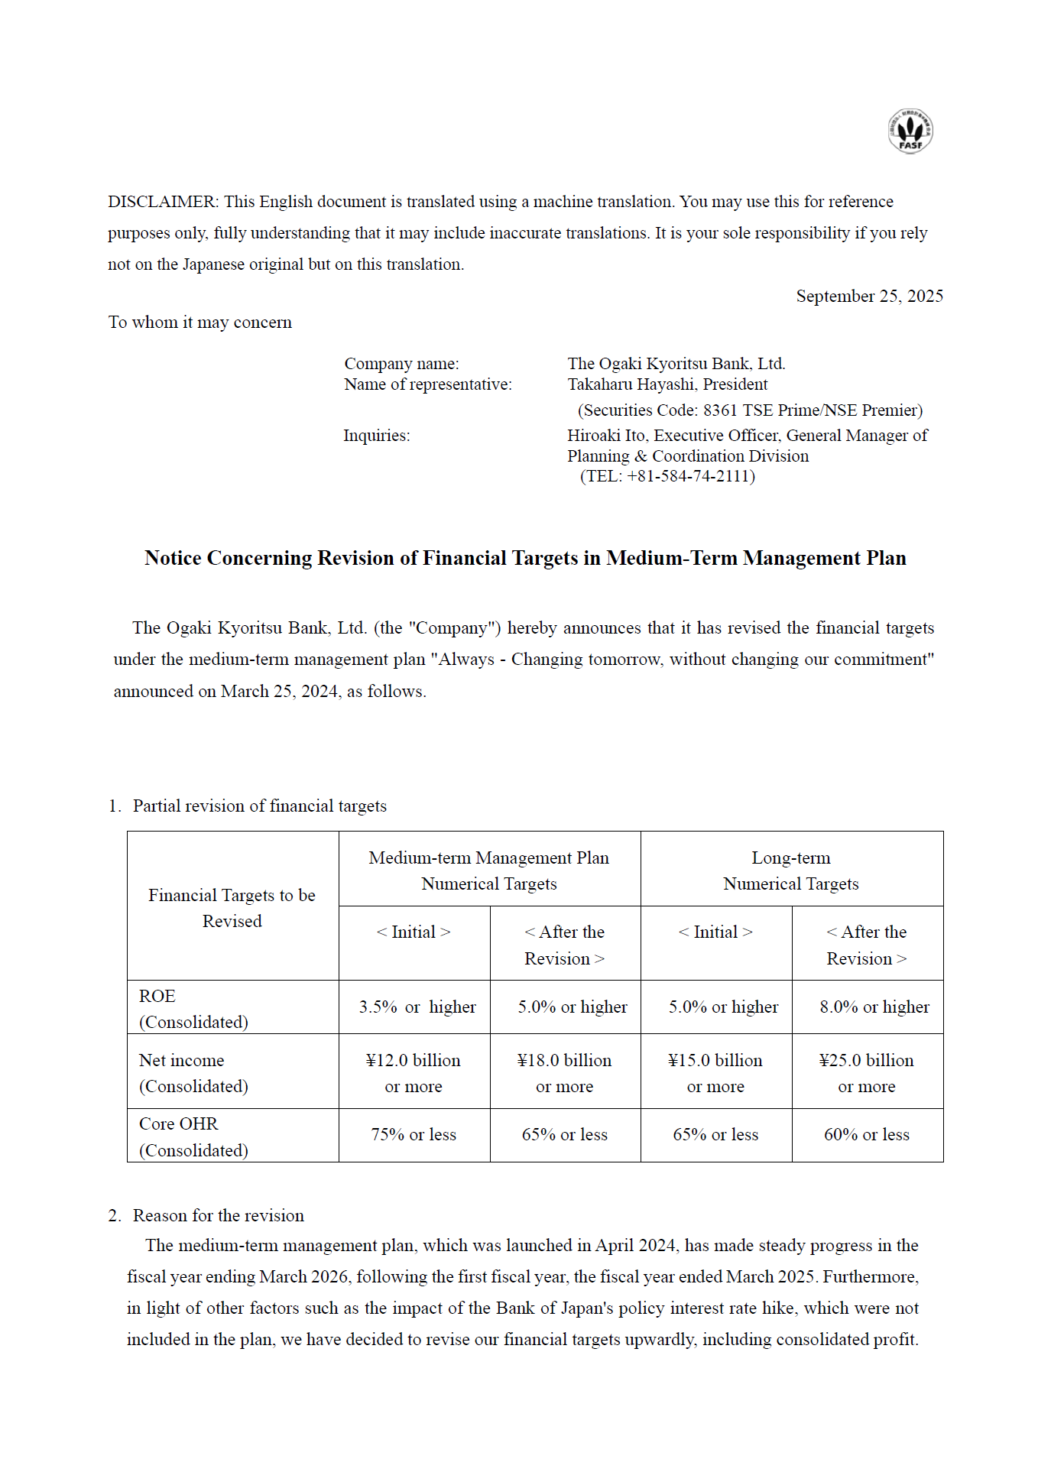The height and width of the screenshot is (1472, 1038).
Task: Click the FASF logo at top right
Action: tap(910, 131)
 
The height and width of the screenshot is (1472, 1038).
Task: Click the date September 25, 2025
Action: tap(869, 296)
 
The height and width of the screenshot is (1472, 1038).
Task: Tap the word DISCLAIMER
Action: tap(163, 202)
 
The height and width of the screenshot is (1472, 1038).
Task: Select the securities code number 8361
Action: tap(720, 410)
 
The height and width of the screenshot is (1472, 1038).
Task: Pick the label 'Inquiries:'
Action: tap(376, 436)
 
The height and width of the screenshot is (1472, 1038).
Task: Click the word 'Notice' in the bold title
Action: tap(173, 558)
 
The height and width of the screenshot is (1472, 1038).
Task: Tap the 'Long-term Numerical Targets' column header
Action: tap(790, 870)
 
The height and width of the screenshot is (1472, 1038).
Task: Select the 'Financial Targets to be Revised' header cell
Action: tap(232, 907)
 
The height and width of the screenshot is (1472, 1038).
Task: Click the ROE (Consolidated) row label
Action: tap(193, 1008)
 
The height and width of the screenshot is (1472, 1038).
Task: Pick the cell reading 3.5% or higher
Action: tap(417, 1007)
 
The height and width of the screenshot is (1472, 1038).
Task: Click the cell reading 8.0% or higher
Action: tap(874, 1007)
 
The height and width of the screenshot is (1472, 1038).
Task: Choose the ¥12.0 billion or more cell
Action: tap(413, 1072)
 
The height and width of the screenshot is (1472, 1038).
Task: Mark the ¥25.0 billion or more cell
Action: tap(866, 1072)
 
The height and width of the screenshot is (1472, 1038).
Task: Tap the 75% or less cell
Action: tap(414, 1135)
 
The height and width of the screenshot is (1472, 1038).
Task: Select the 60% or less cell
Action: tap(866, 1135)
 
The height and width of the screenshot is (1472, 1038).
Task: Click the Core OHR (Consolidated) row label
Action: tap(193, 1136)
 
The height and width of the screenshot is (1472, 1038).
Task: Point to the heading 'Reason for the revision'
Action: tap(218, 1215)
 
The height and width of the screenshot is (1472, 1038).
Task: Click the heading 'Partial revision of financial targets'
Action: tap(259, 806)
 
